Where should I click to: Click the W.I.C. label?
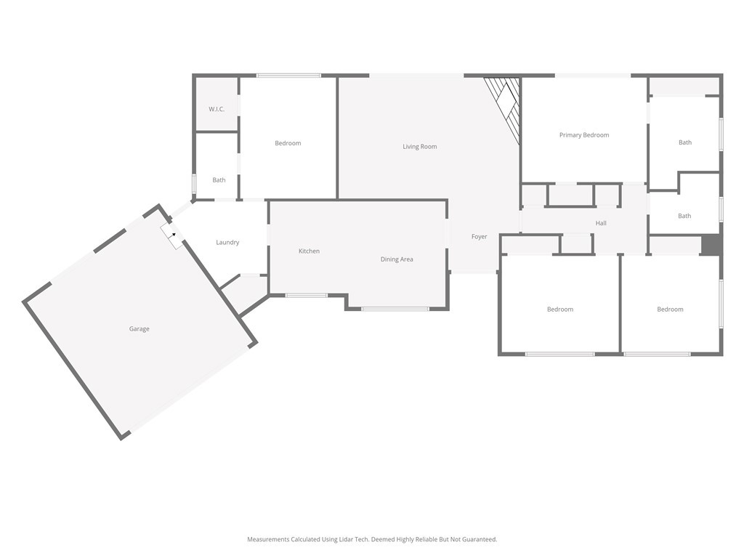pos(217,109)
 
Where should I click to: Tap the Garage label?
pos(139,329)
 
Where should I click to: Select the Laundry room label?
pos(227,243)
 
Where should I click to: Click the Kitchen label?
pos(309,251)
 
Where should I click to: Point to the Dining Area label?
pos(397,259)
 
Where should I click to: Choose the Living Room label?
pos(420,147)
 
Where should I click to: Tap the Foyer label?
pos(479,237)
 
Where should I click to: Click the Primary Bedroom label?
pos(584,135)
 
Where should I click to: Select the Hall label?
pos(601,223)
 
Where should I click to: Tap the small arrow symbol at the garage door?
pos(174,235)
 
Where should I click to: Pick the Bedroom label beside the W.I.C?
pos(288,143)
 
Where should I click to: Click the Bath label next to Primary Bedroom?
pos(685,142)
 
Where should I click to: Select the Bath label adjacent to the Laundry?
pos(219,180)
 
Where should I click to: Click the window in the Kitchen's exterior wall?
pos(306,295)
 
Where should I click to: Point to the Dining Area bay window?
pos(395,310)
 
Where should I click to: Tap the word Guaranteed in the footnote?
pos(479,539)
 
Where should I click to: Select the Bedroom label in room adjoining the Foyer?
pos(560,310)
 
